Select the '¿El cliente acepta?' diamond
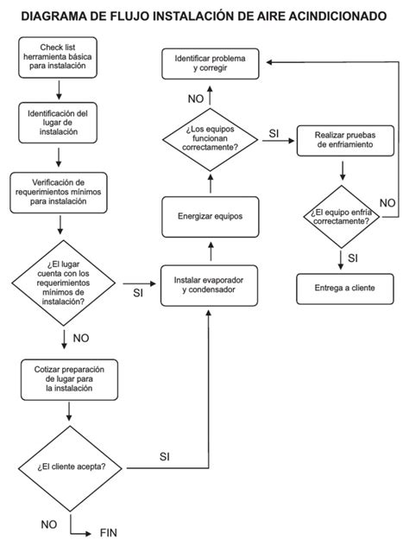[71, 467]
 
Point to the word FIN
[108, 532]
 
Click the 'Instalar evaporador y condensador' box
[210, 285]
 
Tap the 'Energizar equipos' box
[210, 216]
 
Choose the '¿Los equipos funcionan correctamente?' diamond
[211, 138]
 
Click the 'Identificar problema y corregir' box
[211, 62]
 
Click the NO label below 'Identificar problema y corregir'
[196, 98]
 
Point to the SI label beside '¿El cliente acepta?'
[165, 455]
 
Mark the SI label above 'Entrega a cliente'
[352, 257]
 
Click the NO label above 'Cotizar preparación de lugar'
[81, 338]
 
